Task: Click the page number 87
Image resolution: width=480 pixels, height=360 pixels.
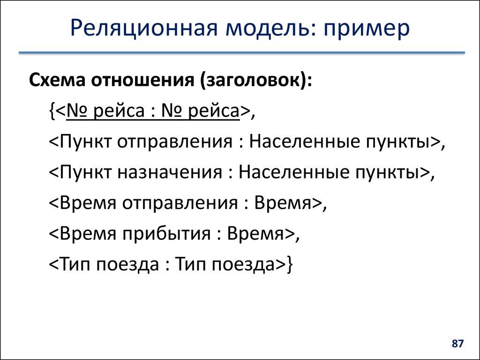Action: coord(457,344)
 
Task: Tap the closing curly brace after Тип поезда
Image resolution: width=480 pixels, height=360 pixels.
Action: coord(290,265)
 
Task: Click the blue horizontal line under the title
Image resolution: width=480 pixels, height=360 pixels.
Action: coord(241,53)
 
